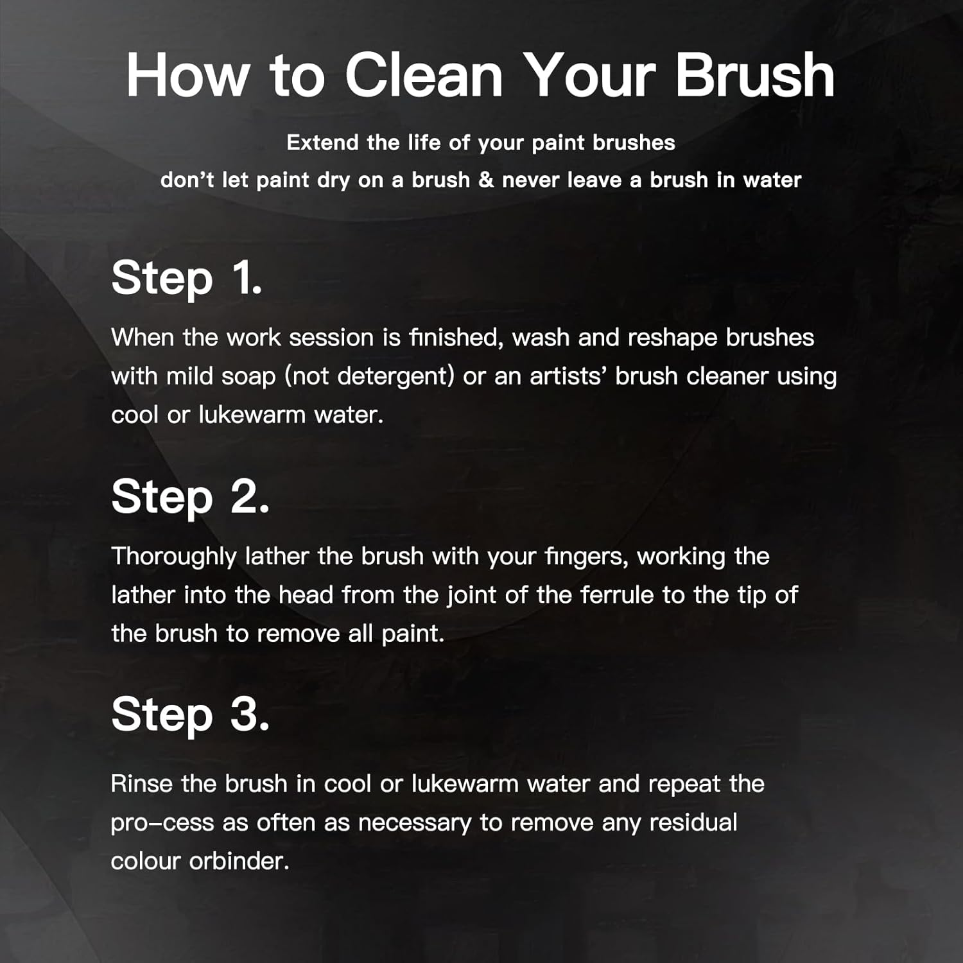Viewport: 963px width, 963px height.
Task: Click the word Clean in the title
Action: tap(424, 75)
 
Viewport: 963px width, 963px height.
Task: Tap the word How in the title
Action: tap(187, 75)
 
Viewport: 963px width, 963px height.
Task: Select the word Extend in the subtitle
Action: tap(323, 143)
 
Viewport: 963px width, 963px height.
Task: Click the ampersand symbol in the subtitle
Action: tap(486, 180)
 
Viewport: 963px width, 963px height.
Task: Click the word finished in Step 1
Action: tap(456, 338)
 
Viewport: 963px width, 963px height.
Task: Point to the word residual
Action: tap(693, 822)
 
